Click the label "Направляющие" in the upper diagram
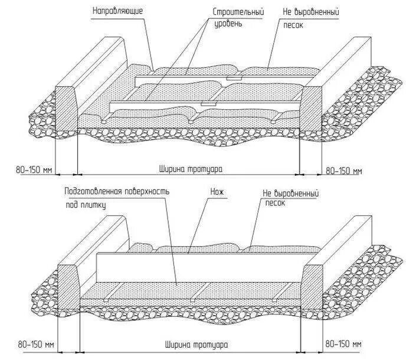(x=118, y=11)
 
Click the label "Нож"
(x=214, y=192)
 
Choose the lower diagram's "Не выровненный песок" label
(x=291, y=198)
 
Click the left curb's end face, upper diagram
(x=67, y=109)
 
